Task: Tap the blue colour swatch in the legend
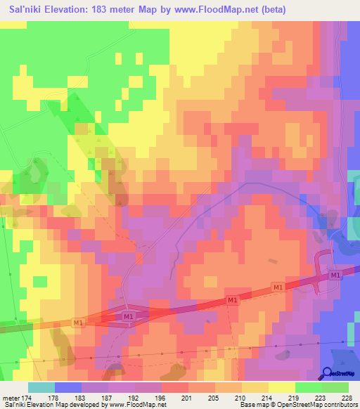click(x=67, y=388)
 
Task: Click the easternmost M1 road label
click(x=335, y=275)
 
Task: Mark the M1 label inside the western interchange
click(x=128, y=317)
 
